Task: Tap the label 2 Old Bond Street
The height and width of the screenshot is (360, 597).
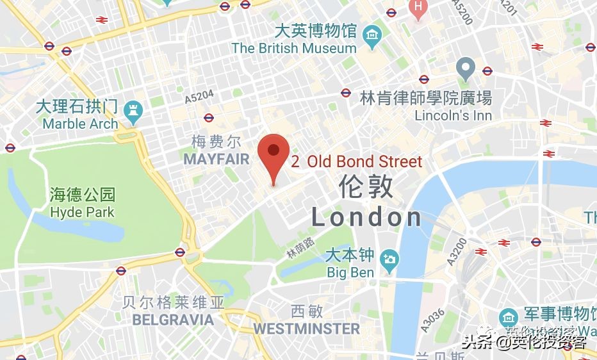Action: click(x=357, y=161)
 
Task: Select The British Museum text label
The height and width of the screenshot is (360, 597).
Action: click(x=294, y=48)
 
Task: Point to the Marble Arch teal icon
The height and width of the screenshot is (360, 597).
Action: click(x=134, y=110)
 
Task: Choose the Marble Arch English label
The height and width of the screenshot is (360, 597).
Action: click(x=81, y=124)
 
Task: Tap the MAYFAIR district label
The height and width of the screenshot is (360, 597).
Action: click(x=216, y=159)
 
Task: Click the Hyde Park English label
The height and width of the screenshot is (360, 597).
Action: click(x=82, y=212)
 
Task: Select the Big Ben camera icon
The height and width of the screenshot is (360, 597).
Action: click(x=388, y=259)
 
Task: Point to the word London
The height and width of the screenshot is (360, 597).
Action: click(x=366, y=218)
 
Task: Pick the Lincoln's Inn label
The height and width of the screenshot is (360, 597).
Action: click(x=454, y=116)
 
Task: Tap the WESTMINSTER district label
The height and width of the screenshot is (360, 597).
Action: click(x=306, y=329)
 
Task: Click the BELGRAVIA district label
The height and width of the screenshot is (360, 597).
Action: click(x=173, y=319)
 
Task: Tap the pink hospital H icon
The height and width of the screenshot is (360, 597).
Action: click(x=418, y=7)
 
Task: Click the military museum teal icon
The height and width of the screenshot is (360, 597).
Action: click(x=509, y=316)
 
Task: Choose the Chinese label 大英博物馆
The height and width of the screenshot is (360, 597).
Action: click(x=315, y=30)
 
